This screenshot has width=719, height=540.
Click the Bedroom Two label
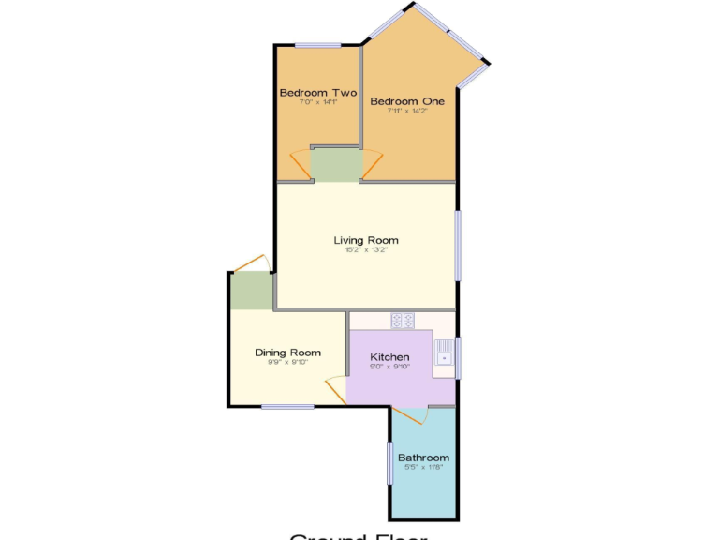click(x=318, y=93)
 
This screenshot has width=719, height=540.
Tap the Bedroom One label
click(x=407, y=101)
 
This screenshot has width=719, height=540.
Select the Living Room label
click(x=366, y=241)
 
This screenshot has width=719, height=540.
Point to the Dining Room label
click(x=287, y=352)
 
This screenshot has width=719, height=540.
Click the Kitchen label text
click(x=389, y=357)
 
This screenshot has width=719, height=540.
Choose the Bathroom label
click(x=423, y=457)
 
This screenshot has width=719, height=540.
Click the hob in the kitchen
click(x=403, y=321)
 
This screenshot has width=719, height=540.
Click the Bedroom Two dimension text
click(x=317, y=102)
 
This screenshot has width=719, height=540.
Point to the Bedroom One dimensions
click(x=407, y=111)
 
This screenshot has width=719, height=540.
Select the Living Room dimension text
click(x=366, y=250)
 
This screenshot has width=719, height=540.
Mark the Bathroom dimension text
click(x=423, y=467)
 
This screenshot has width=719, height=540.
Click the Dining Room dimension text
click(x=287, y=362)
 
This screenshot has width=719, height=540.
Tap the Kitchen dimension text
click(x=389, y=367)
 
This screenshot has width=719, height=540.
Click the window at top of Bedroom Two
click(x=318, y=45)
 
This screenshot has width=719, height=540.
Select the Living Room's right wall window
click(x=458, y=245)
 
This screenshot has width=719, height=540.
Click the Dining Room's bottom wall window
click(x=287, y=406)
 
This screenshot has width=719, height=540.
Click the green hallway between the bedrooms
click(x=335, y=165)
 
